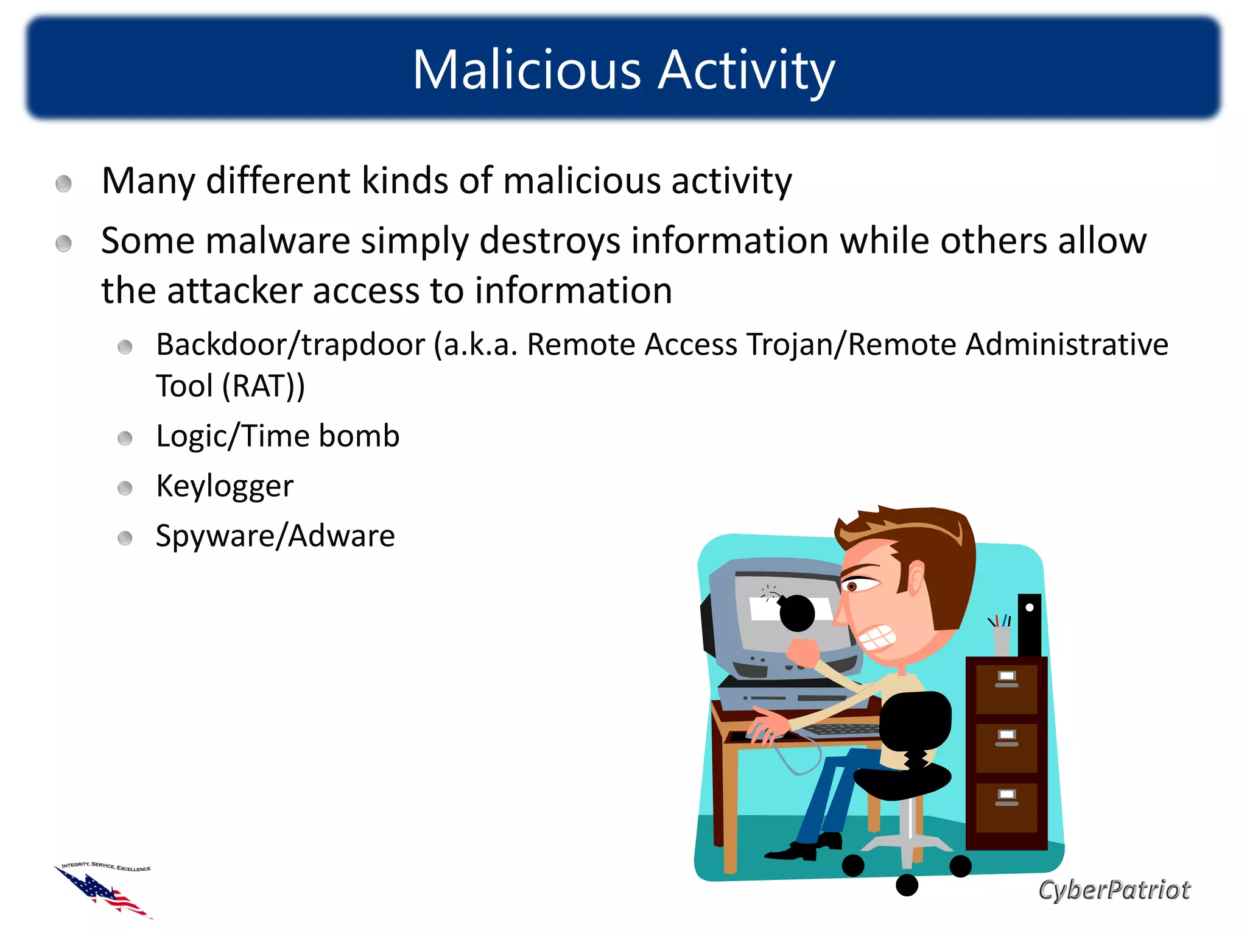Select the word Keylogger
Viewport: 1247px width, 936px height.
pos(225,486)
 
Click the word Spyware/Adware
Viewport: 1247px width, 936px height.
pos(275,536)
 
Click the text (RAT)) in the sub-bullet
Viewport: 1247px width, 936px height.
pos(263,386)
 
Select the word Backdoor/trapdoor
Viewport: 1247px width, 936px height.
pos(290,345)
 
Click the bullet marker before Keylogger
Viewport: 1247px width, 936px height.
pos(125,488)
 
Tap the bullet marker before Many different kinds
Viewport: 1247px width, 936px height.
pos(63,183)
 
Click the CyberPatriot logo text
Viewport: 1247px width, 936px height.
pos(1114,890)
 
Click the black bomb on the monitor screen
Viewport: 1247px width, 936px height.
pos(796,613)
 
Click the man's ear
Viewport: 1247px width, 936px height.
pos(915,579)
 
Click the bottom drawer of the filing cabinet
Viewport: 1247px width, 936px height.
pos(1006,807)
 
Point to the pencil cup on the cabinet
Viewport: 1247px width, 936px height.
pos(1001,640)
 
